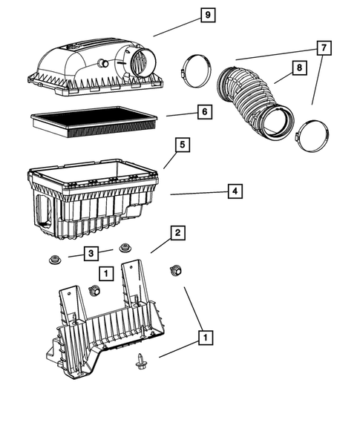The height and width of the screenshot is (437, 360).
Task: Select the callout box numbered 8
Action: tap(298, 68)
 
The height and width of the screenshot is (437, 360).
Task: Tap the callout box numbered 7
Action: tap(323, 47)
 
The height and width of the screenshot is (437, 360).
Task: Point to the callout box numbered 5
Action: tap(180, 145)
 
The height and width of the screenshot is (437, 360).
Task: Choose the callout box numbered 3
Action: tap(89, 254)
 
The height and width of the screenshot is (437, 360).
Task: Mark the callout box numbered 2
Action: tap(178, 233)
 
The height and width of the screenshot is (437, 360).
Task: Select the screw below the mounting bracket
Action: tap(140, 361)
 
